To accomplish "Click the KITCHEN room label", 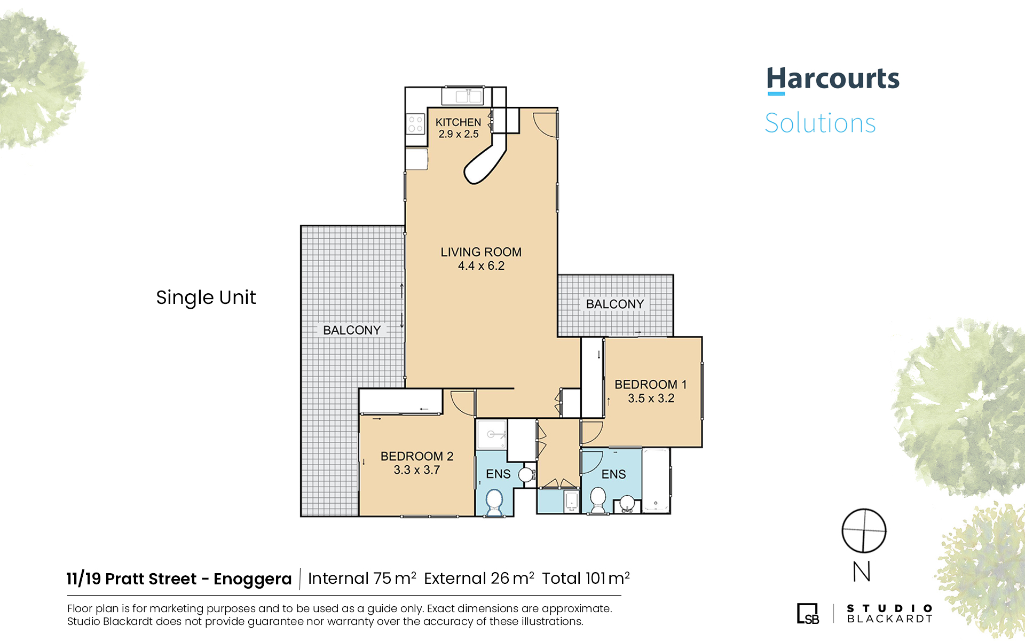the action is pyautogui.click(x=458, y=122).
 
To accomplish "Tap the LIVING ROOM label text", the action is pyautogui.click(x=481, y=252).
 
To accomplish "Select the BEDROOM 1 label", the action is pyautogui.click(x=651, y=385).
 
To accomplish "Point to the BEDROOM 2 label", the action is pyautogui.click(x=417, y=456).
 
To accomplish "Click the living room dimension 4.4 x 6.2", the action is pyautogui.click(x=481, y=266).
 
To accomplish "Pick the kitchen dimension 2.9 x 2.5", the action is pyautogui.click(x=459, y=134).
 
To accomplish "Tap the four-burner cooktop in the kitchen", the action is pyautogui.click(x=415, y=124).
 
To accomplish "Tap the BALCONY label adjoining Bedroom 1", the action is pyautogui.click(x=615, y=304).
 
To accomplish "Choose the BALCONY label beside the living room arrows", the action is pyautogui.click(x=352, y=330).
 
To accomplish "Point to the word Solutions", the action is pyautogui.click(x=821, y=123).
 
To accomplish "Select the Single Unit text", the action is pyautogui.click(x=206, y=298).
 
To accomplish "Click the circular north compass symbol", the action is pyautogui.click(x=864, y=531).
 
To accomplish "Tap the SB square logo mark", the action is pyautogui.click(x=808, y=613).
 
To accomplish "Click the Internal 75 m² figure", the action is pyautogui.click(x=362, y=579).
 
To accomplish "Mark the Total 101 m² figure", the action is pyautogui.click(x=586, y=579).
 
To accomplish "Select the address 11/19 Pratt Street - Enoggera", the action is pyautogui.click(x=179, y=579).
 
